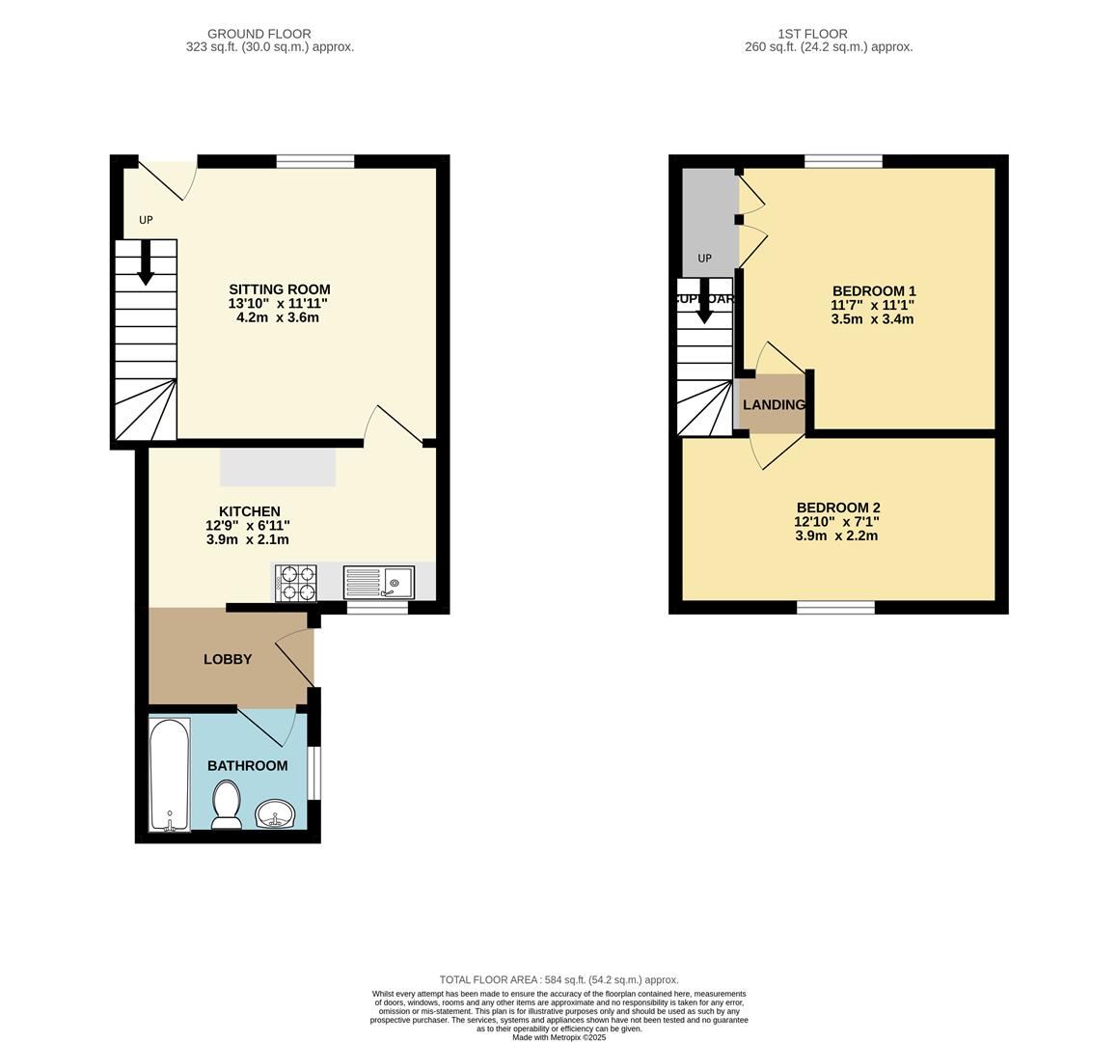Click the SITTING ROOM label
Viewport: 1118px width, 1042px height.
279,289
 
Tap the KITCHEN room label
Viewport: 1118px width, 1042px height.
249,511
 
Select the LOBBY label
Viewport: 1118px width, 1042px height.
228,659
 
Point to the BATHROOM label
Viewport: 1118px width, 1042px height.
247,765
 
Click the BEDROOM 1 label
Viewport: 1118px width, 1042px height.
873,291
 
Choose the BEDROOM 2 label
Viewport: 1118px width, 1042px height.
837,507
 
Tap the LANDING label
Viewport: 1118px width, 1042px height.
774,404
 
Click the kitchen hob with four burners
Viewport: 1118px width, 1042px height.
296,584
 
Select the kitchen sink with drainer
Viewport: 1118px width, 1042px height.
378,583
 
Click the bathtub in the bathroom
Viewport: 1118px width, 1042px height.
170,774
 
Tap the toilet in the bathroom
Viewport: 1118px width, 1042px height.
227,805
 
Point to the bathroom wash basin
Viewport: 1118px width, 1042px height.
277,815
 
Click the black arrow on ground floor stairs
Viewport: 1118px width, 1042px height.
146,262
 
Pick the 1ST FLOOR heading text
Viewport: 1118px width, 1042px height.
829,34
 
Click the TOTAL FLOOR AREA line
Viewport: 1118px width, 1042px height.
559,979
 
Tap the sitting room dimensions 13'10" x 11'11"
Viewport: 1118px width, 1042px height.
279,304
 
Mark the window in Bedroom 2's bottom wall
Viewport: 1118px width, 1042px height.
835,607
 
